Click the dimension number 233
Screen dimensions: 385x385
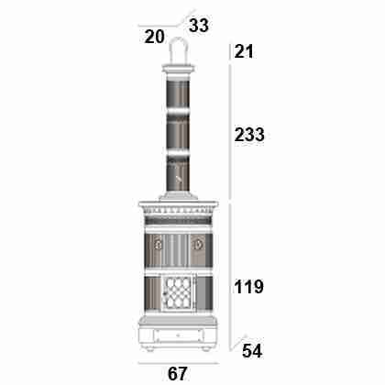pos(249,135)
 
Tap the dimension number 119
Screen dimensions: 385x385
pos(248,287)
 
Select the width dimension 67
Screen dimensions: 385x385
pos(177,373)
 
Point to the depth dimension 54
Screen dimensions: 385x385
pos(252,351)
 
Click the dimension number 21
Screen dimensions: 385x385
pos(244,51)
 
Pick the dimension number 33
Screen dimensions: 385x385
pos(199,25)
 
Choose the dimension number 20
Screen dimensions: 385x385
pos(155,37)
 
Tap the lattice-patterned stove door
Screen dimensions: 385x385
pos(179,293)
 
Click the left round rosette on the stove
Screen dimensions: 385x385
pos(159,245)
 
